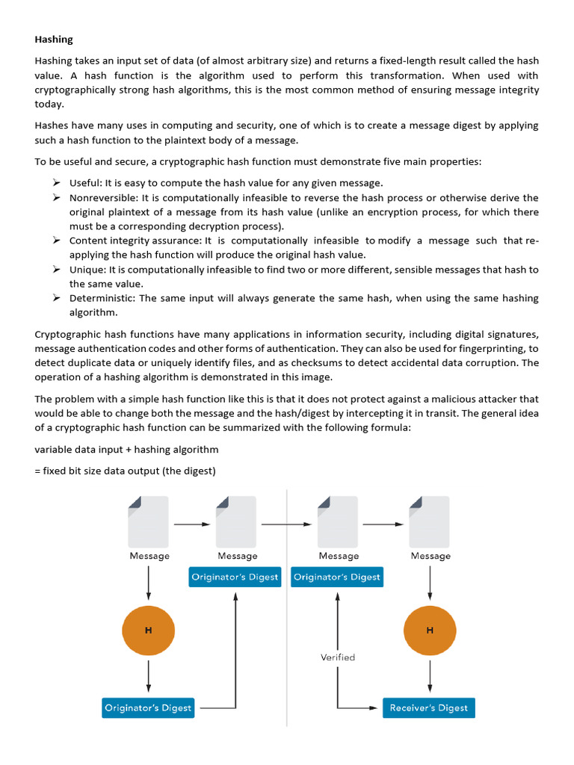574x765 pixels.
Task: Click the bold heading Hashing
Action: point(54,39)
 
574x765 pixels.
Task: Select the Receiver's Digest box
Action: point(429,707)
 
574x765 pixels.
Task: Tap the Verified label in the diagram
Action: point(338,657)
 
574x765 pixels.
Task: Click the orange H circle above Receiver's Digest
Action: point(430,630)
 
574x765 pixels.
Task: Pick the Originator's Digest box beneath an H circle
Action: point(148,707)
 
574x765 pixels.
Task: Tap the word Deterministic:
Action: point(102,298)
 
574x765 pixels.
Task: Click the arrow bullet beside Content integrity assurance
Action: point(56,241)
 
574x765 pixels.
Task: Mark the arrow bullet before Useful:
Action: point(56,183)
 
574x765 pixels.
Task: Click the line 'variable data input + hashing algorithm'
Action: point(127,449)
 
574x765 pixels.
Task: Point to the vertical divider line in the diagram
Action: point(287,605)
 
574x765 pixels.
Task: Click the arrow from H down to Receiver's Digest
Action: point(430,675)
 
